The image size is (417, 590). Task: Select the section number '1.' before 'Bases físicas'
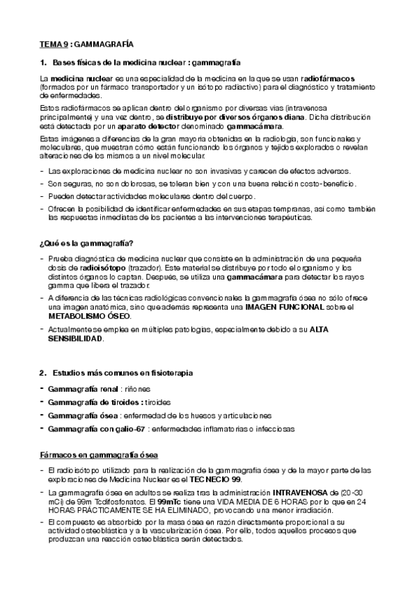(42, 62)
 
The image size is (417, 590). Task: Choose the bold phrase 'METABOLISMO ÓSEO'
(88, 316)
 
